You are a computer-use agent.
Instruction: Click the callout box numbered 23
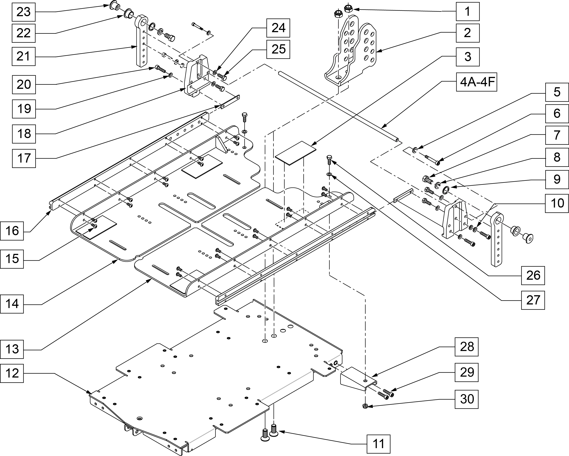pyautogui.click(x=24, y=12)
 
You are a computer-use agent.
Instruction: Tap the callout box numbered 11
pyautogui.click(x=379, y=444)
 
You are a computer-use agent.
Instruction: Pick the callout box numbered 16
pyautogui.click(x=12, y=231)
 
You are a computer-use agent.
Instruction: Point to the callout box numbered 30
pyautogui.click(x=467, y=399)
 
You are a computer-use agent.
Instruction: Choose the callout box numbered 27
pyautogui.click(x=533, y=300)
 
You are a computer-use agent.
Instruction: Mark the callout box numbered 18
pyautogui.click(x=24, y=134)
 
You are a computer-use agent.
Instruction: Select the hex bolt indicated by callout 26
pyautogui.click(x=329, y=160)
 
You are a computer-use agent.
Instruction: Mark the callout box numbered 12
pyautogui.click(x=12, y=373)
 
